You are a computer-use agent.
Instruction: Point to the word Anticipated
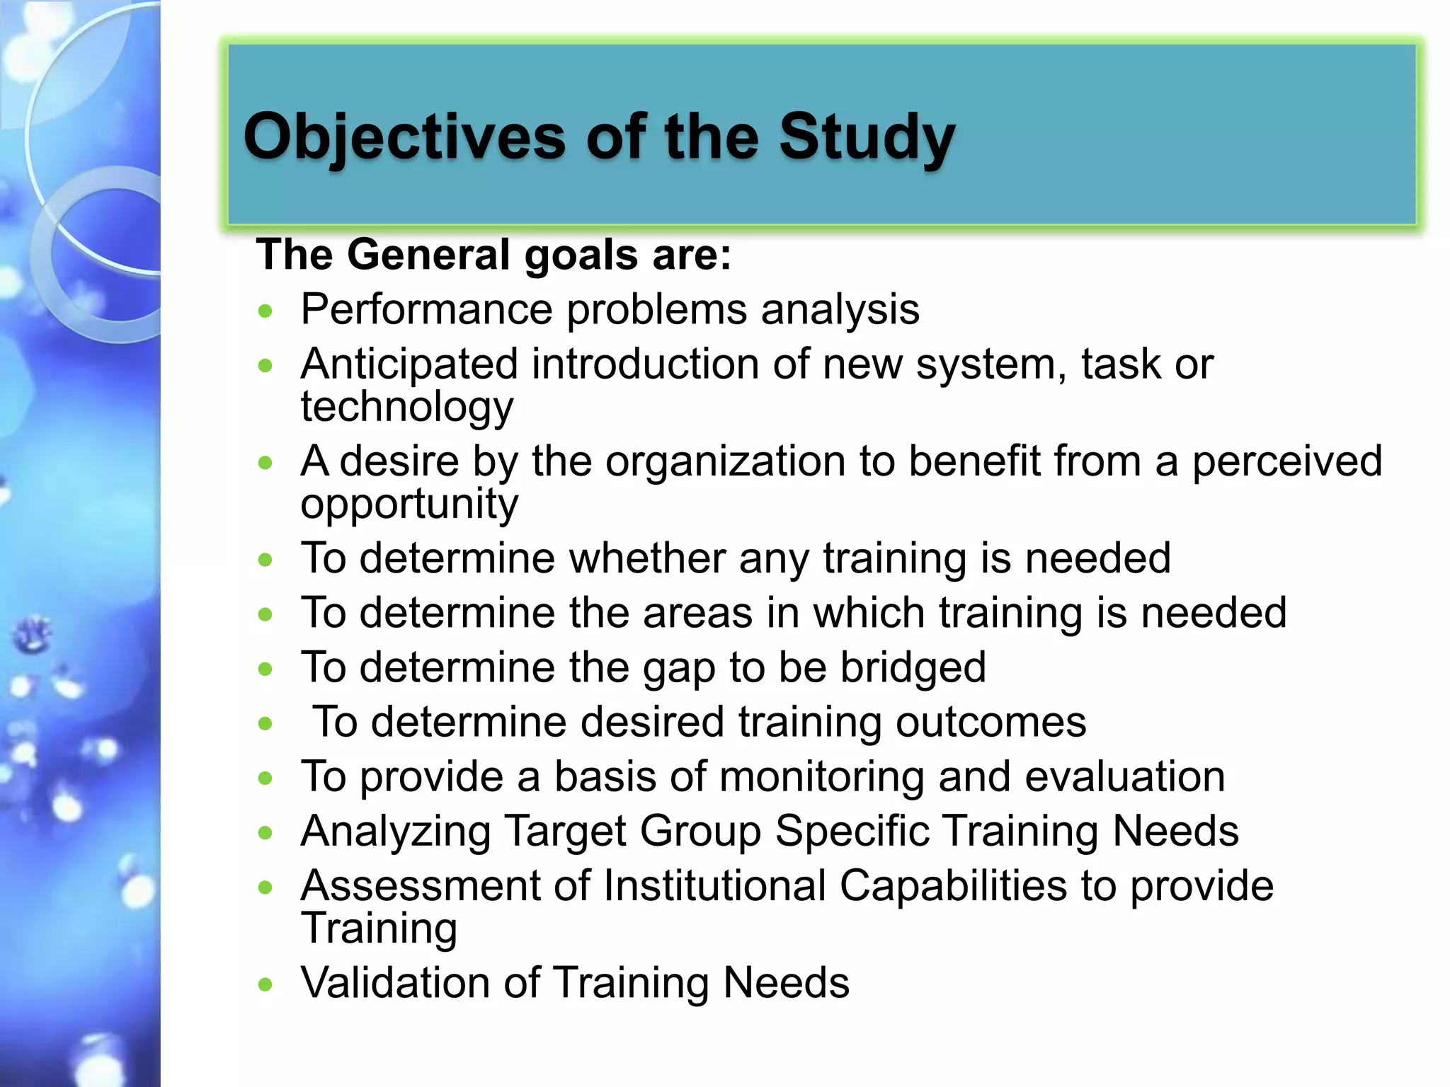[x=409, y=364]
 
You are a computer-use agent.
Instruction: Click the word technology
[x=406, y=407]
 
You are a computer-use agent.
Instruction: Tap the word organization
[x=726, y=461]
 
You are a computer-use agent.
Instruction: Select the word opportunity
[x=409, y=504]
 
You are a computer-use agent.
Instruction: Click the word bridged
[x=913, y=667]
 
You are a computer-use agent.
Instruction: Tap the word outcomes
[x=991, y=722]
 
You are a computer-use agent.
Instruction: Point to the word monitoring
[x=822, y=776]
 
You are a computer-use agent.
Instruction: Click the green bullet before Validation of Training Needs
[x=266, y=984]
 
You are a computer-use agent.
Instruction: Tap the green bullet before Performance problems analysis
[x=266, y=311]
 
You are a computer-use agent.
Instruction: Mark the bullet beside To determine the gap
[x=266, y=669]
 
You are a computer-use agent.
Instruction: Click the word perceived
[x=1286, y=461]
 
